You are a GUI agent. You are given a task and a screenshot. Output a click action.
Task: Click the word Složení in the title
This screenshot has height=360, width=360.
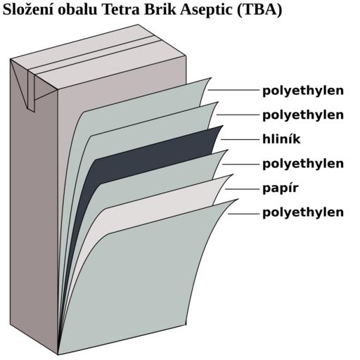(x=29, y=10)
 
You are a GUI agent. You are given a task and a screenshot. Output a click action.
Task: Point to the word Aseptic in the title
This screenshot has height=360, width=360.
(x=207, y=11)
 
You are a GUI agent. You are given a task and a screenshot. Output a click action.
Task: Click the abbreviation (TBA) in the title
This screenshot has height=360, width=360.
(x=259, y=11)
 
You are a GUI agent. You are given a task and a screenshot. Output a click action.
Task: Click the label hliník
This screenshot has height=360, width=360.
(x=281, y=139)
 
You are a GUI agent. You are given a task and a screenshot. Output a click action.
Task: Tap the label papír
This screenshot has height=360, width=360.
(x=280, y=188)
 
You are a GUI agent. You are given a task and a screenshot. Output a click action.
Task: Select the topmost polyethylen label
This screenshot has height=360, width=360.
(x=303, y=91)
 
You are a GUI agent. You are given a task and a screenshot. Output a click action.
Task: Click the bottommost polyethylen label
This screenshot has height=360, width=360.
(x=303, y=213)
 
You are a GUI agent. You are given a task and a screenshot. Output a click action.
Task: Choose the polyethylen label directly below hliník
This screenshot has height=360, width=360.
(x=303, y=164)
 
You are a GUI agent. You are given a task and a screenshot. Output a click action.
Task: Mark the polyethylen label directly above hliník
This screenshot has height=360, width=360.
(x=303, y=115)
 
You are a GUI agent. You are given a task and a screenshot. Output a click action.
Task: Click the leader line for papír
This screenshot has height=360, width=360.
(x=241, y=189)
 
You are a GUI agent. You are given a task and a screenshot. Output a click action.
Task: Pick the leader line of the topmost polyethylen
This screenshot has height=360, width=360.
(x=233, y=90)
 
